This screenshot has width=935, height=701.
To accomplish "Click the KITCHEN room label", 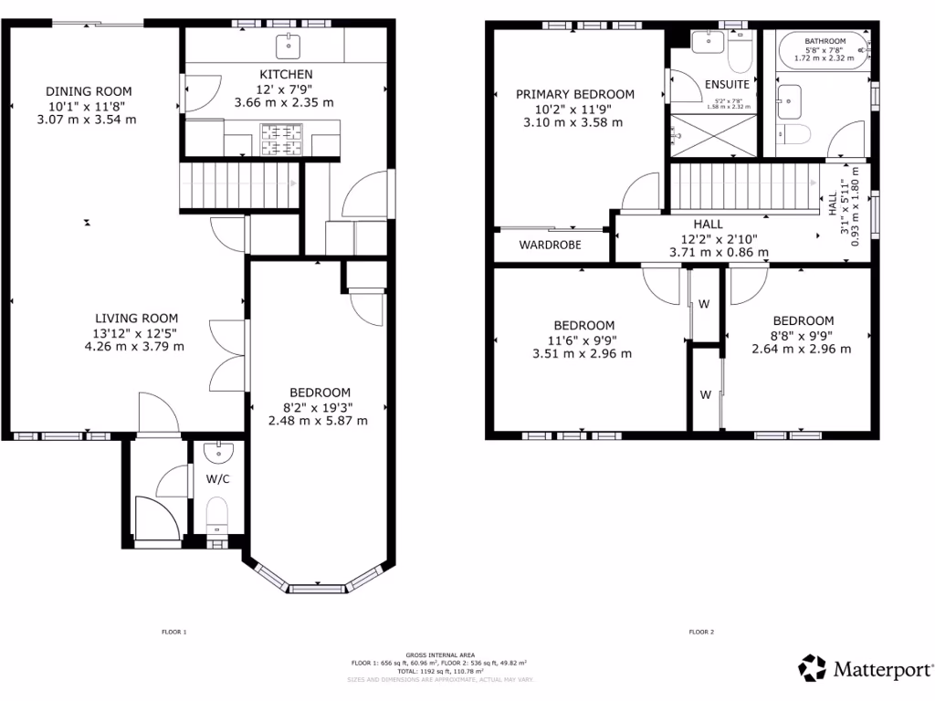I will [286, 74].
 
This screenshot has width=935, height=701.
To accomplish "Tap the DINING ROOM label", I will [89, 91].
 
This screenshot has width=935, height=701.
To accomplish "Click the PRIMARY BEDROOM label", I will [574, 94].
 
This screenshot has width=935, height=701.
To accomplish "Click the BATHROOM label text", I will [825, 42].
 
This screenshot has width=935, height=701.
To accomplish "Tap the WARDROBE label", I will [550, 245].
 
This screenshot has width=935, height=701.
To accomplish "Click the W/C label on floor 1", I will [217, 478].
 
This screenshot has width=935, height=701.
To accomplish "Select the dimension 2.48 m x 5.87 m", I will [318, 421].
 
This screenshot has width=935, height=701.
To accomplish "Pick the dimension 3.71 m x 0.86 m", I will [719, 252].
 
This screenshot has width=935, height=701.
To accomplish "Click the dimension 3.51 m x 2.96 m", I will [582, 354].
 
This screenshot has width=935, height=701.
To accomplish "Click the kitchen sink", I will [290, 43].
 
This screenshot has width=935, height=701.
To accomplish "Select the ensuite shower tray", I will [713, 135].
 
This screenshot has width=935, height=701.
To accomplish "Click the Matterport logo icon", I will [812, 668].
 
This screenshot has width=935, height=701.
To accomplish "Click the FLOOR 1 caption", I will [173, 632].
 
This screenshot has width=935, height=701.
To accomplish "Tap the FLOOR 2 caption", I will [701, 632].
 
